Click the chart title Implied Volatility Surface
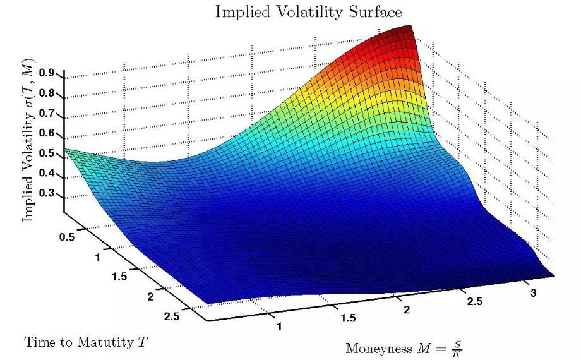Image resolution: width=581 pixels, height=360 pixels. [308, 12]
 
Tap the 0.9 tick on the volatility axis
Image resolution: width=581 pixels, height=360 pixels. [47, 73]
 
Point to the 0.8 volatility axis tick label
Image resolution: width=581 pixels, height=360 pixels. [47, 93]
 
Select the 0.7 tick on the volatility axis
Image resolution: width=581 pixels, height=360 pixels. [47, 113]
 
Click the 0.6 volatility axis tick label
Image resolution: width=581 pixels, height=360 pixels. [47, 133]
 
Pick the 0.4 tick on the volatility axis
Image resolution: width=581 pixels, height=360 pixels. [47, 174]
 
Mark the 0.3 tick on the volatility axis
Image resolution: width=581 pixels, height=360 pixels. [47, 193]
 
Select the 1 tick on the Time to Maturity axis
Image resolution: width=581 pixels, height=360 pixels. [98, 258]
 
